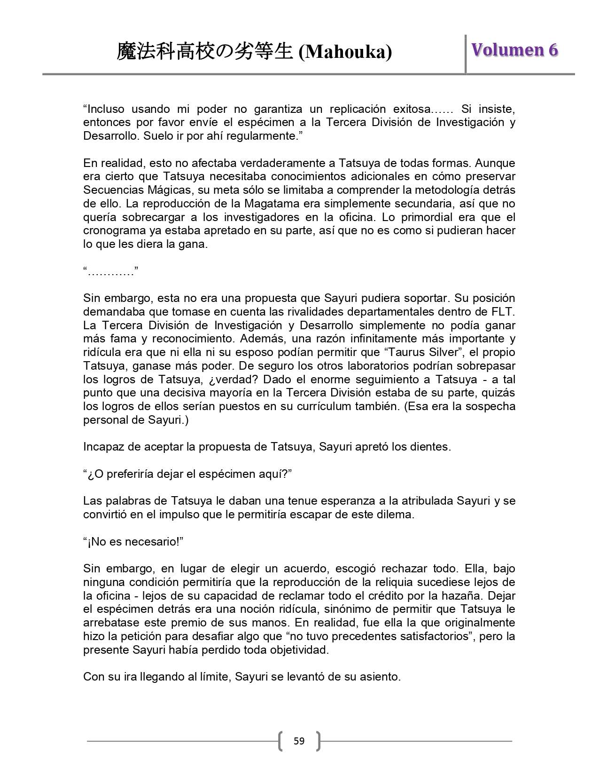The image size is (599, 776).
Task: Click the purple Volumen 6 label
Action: pos(514,50)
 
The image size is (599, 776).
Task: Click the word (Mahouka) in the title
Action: pos(345,52)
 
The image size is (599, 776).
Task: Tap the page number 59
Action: pos(299,741)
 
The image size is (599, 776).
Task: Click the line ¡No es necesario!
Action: pos(133,542)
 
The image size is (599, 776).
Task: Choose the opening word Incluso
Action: pos(104,109)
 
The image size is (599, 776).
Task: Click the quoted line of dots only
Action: pos(111,271)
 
